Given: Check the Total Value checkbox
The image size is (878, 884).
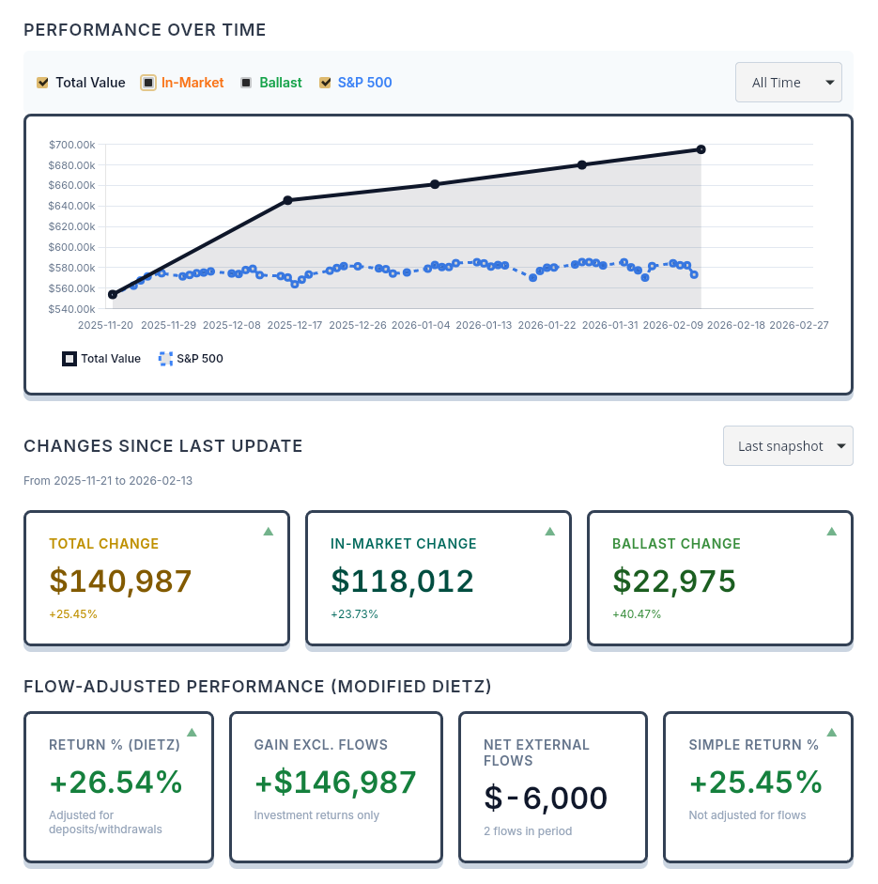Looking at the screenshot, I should click(x=42, y=83).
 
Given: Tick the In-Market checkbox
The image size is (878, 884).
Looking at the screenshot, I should click(x=148, y=83).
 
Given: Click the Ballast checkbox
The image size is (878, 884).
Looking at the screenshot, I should click(x=246, y=83).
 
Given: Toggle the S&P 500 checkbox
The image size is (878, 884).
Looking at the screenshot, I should click(x=325, y=83).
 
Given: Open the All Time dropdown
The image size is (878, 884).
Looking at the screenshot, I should click(x=788, y=83).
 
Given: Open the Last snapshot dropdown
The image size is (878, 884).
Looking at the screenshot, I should click(x=787, y=446).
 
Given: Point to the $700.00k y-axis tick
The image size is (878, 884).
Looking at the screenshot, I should click(x=72, y=145).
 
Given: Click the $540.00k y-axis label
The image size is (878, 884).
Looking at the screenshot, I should click(x=72, y=309).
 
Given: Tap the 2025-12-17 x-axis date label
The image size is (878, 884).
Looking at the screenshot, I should click(x=295, y=325).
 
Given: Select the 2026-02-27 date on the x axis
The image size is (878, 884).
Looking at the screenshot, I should click(x=797, y=325).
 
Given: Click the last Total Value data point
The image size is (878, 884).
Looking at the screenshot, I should click(x=701, y=149).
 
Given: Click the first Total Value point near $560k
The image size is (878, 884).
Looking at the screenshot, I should click(x=113, y=295).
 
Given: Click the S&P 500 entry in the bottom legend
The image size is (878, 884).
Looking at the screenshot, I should click(x=192, y=359).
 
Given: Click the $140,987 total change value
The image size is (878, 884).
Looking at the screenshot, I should click(x=120, y=582).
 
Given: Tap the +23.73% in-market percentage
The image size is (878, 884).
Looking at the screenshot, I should click(x=354, y=614).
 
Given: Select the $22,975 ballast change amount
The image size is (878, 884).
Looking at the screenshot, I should click(x=673, y=582).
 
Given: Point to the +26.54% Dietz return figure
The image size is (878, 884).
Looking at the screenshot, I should click(x=116, y=783).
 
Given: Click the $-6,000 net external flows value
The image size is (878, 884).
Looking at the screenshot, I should click(x=546, y=799).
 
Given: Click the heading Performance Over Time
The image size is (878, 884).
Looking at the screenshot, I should click(x=145, y=30).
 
